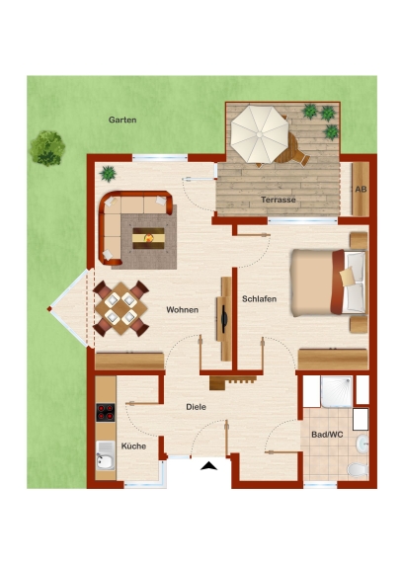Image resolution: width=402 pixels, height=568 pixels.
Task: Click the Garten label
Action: click(122, 120)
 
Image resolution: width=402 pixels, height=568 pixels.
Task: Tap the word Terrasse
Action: click(279, 200)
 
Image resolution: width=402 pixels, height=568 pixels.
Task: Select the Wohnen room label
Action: click(182, 310)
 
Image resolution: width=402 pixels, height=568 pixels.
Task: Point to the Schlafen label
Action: click(260, 299)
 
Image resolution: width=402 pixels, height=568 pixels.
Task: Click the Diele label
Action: click(196, 407)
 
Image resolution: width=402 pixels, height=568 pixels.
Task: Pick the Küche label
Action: click(133, 446)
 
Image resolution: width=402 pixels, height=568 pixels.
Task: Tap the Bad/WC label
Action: click(327, 435)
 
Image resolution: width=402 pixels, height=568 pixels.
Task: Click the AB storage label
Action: click(361, 189)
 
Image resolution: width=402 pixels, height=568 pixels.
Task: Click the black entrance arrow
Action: click(209, 466)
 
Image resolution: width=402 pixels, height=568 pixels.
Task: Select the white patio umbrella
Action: click(260, 134)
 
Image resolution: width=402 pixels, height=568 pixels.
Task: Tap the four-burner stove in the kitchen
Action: click(106, 412)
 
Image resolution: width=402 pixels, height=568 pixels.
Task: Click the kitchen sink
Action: click(106, 455)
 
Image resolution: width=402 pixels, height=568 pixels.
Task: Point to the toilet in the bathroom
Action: click(358, 470)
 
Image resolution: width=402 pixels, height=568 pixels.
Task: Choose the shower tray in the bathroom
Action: click(336, 391)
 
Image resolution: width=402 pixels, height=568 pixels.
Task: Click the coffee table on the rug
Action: click(148, 238)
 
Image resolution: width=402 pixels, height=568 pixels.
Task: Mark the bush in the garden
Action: click(47, 148)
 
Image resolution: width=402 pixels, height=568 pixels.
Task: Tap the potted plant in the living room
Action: click(108, 174)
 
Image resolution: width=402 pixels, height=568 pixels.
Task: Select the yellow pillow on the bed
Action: click(347, 277)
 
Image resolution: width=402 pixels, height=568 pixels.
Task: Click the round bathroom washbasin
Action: click(362, 444)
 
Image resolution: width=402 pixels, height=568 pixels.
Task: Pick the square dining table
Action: click(121, 308)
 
